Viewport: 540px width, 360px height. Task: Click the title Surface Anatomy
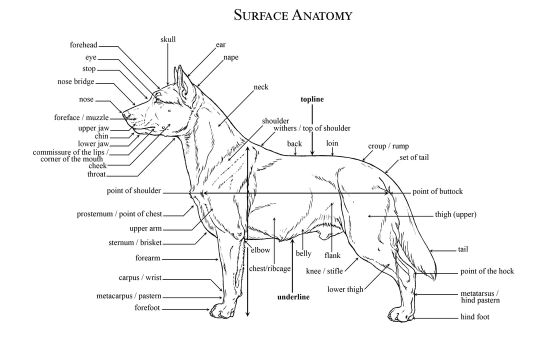click(293, 15)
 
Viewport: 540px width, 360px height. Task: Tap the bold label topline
click(312, 99)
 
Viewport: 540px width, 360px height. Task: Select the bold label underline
click(293, 297)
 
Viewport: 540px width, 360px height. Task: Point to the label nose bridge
click(75, 81)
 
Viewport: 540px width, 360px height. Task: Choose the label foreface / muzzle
click(81, 118)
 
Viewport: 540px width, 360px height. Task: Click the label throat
click(96, 174)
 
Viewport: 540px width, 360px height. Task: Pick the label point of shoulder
click(133, 191)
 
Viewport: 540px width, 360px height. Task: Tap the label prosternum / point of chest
click(119, 214)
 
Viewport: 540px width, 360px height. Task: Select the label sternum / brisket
click(135, 243)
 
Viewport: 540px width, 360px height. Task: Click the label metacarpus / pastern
click(129, 296)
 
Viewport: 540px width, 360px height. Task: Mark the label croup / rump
click(388, 146)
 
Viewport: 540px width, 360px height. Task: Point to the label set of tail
click(414, 157)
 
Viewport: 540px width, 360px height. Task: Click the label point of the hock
click(487, 271)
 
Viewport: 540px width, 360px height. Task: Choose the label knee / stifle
click(324, 271)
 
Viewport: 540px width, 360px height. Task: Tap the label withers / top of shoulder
click(312, 128)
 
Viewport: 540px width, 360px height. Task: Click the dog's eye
click(158, 100)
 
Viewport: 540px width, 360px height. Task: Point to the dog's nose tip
click(124, 115)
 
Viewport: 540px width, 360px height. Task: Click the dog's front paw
click(222, 311)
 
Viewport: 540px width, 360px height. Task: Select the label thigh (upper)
click(455, 215)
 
